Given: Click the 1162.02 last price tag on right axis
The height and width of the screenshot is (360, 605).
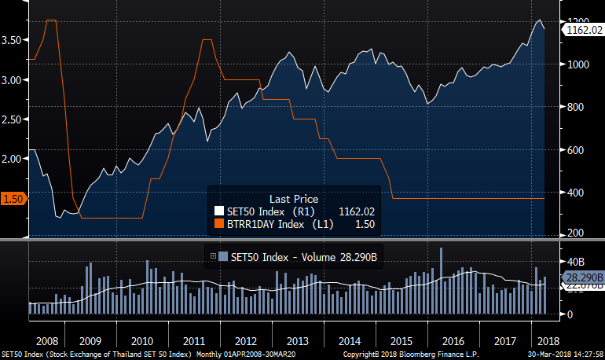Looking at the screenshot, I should (583, 30).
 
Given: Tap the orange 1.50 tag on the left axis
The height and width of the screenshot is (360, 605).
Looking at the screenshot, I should (13, 199).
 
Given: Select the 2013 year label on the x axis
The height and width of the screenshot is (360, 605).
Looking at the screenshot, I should (297, 341).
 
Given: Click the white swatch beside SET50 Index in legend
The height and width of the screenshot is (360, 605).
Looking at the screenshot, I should (218, 211).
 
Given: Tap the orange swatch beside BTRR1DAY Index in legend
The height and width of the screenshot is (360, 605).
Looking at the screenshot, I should (218, 225).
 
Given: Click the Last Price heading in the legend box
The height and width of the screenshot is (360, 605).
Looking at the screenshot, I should (294, 199).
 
